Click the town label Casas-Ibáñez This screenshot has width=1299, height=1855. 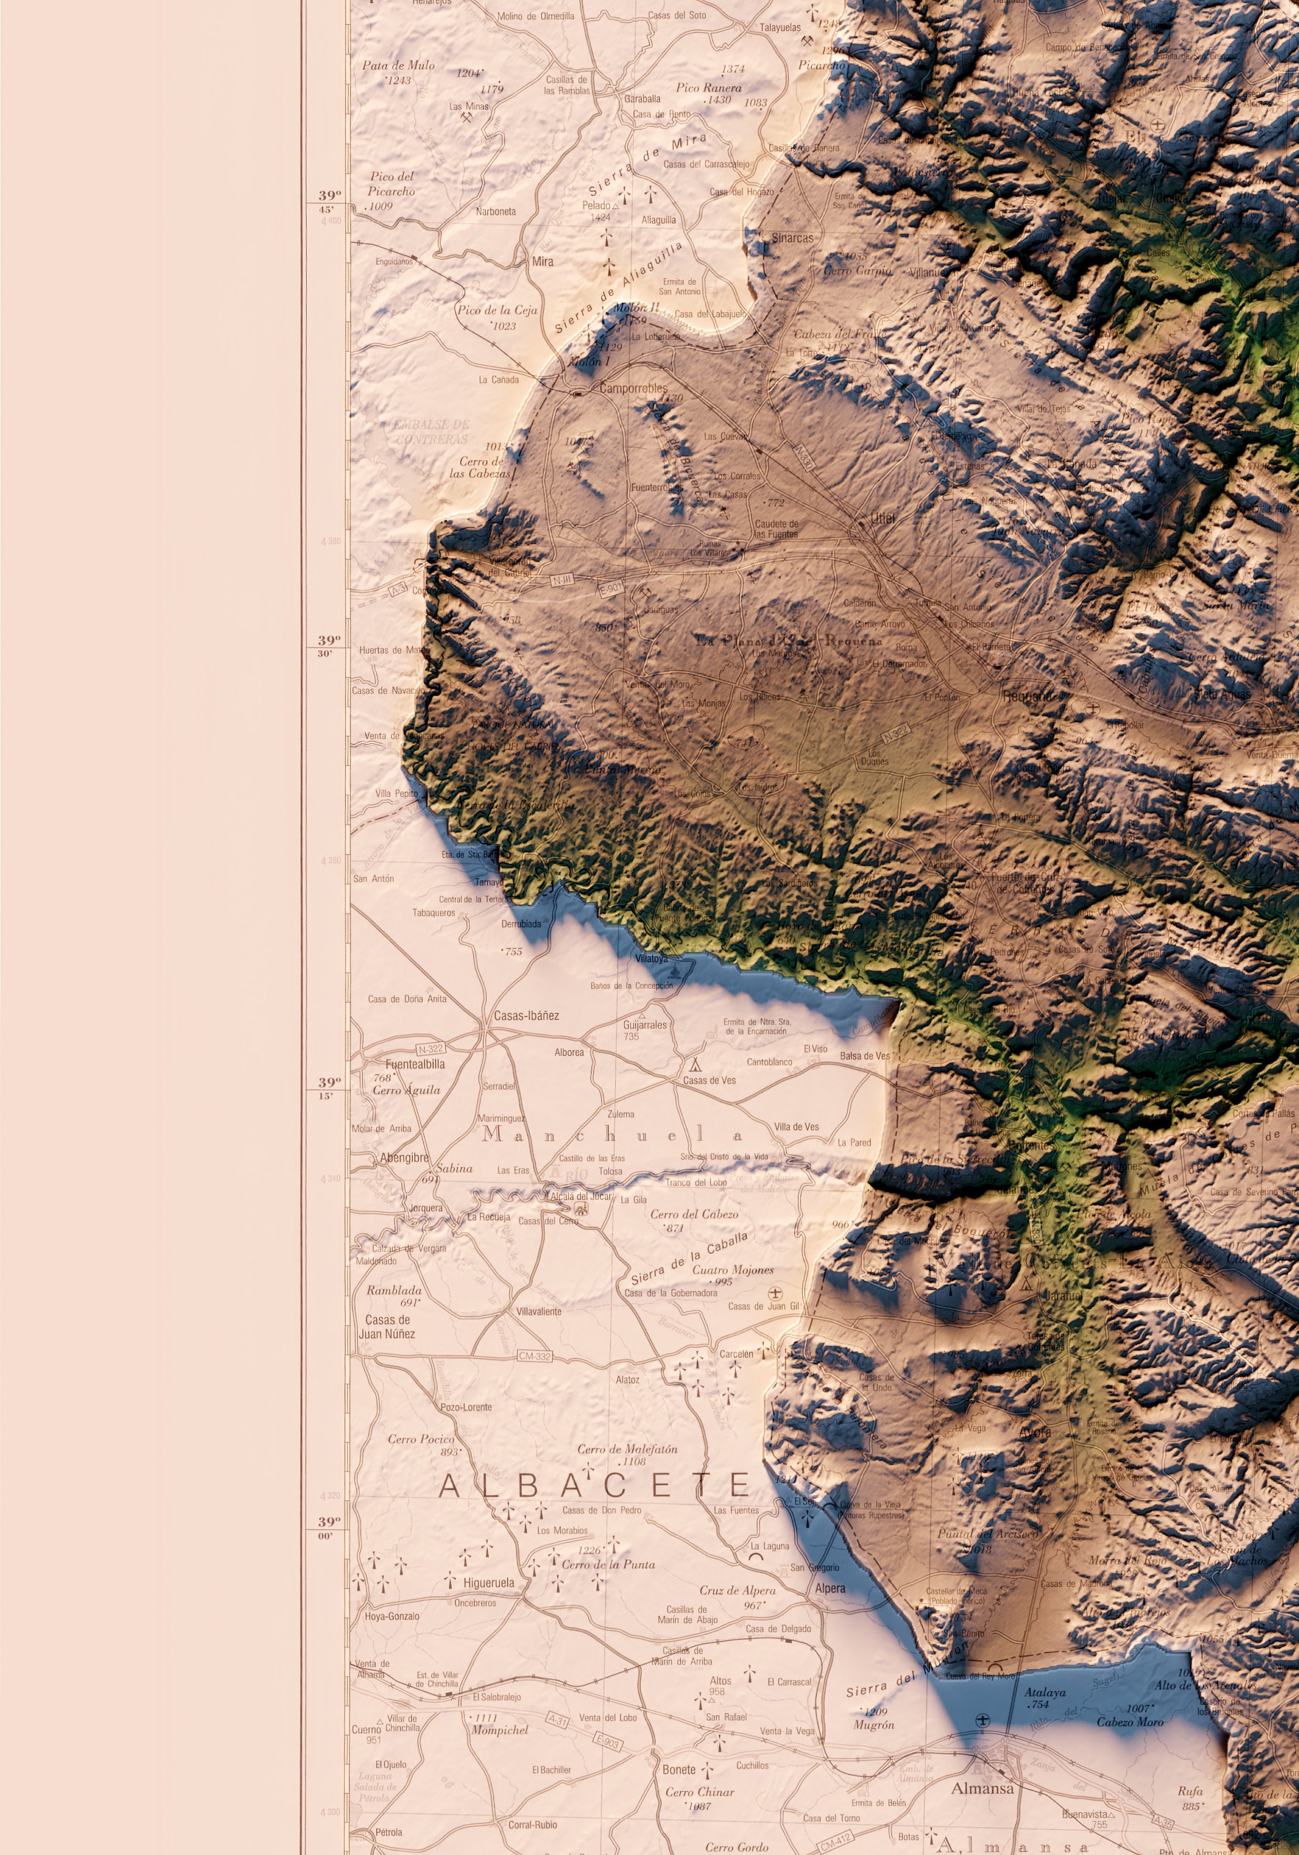pyautogui.click(x=526, y=1015)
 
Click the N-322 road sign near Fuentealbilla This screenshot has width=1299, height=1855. pyautogui.click(x=430, y=1049)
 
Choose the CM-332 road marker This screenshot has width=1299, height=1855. pyautogui.click(x=535, y=1356)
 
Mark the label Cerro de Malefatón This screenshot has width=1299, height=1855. pyautogui.click(x=627, y=1449)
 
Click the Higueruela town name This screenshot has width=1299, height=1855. pyautogui.click(x=488, y=1583)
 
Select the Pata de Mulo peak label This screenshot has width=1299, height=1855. pyautogui.click(x=398, y=66)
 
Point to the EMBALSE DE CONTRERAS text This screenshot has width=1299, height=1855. pyautogui.click(x=432, y=432)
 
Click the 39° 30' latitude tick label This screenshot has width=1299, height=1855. pyautogui.click(x=329, y=645)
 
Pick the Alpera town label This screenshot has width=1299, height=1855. pyautogui.click(x=830, y=1588)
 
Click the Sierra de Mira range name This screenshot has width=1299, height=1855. pyautogui.click(x=646, y=165)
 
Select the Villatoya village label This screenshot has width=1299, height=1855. pyautogui.click(x=651, y=959)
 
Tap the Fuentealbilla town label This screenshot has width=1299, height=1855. pyautogui.click(x=414, y=1064)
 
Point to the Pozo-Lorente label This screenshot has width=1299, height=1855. pyautogui.click(x=466, y=1407)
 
